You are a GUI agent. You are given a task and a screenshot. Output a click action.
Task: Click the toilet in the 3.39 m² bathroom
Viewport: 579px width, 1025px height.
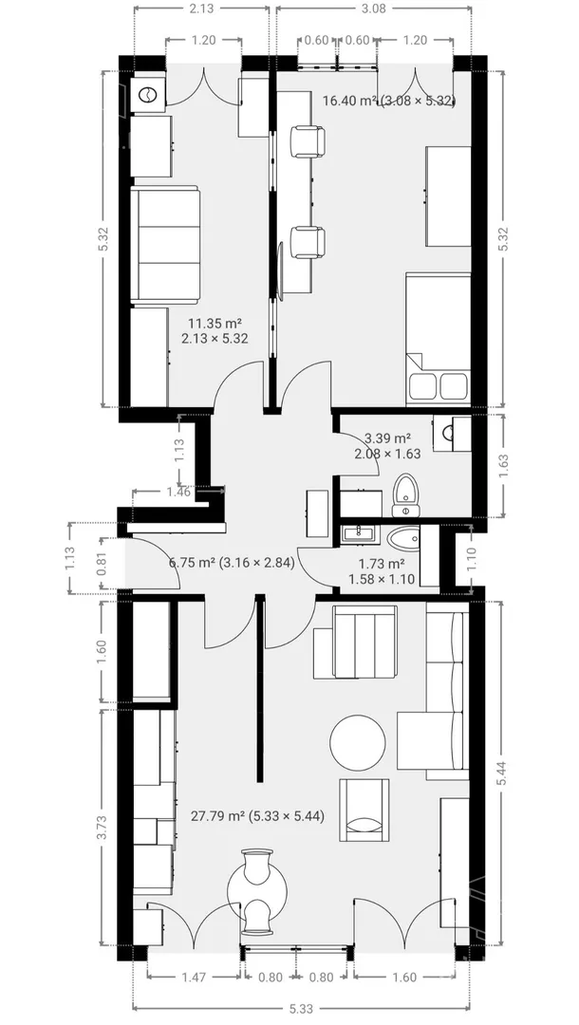pos(405,495)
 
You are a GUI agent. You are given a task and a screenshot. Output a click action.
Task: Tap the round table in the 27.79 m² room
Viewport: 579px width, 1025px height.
pos(358,743)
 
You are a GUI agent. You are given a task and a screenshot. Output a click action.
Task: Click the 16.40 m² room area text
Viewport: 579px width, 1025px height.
pos(389,100)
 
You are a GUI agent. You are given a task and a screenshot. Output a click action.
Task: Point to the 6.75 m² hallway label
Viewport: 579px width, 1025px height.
pos(232,562)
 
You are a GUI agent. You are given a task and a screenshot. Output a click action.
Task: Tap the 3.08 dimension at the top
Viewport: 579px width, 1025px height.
pos(374,9)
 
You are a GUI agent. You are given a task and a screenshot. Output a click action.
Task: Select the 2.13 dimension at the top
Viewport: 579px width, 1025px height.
pos(201,9)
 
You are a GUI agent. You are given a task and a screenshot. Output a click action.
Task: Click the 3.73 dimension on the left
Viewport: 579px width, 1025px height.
pos(102,827)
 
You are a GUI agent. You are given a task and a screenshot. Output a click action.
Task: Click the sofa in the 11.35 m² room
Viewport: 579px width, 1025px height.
pos(165,245)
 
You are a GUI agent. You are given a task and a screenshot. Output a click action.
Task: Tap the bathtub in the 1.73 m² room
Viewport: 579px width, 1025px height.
pos(403,539)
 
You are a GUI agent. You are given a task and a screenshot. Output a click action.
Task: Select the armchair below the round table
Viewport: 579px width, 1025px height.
pos(364,811)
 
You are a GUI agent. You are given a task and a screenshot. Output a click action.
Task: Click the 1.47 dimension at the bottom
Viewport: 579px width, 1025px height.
pos(194,978)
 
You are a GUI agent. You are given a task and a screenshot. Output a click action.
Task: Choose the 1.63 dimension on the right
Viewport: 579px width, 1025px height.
pos(503,465)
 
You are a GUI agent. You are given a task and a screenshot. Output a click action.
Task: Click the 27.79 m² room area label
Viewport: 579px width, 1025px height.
pos(257,816)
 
